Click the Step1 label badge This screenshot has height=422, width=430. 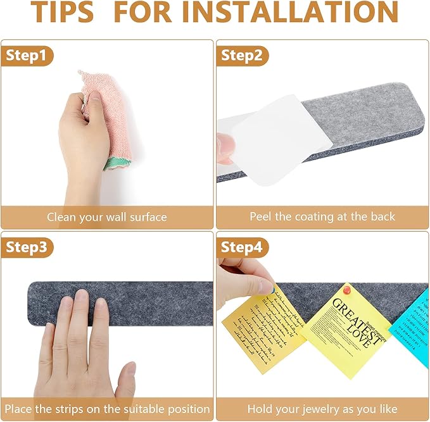click(27, 56)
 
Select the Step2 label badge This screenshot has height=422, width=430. click(241, 56)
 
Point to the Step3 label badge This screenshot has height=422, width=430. click(27, 247)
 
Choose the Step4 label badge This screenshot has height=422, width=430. click(241, 247)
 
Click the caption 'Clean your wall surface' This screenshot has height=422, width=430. click(107, 217)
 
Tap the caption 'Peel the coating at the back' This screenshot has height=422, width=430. click(322, 217)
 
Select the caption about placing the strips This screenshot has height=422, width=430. click(107, 409)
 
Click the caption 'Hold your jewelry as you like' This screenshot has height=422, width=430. click(322, 409)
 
